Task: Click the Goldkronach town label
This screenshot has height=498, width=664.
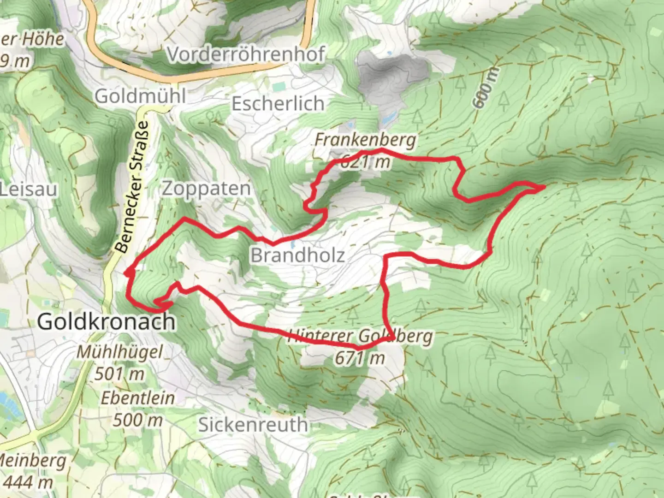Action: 106,321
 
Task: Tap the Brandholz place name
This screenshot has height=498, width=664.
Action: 297,255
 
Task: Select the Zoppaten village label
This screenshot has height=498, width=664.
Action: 206,189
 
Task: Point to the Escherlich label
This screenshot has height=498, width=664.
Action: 278,104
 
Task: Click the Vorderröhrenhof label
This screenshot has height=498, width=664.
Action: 245,54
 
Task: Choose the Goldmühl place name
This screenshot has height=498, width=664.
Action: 140,96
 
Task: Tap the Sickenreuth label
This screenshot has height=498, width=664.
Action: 253,424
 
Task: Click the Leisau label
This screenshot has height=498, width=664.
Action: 29,190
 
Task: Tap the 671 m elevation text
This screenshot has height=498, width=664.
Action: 360,358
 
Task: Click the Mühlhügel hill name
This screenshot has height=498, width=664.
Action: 119,352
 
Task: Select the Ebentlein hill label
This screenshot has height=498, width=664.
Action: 138,398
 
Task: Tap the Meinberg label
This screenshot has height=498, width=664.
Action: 32,461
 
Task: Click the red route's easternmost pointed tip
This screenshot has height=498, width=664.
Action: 545,186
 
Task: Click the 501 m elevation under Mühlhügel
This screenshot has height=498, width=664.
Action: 119,374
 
